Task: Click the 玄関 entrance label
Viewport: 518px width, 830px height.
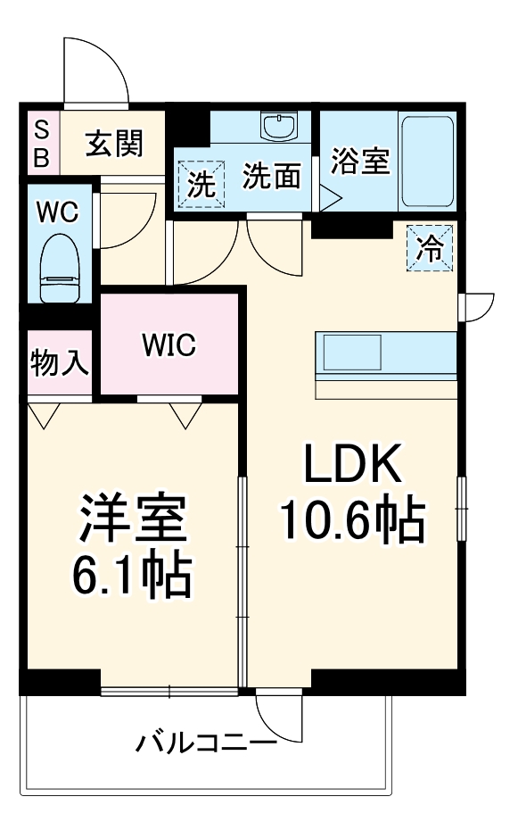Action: [x=114, y=143]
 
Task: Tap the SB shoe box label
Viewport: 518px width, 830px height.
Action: [x=42, y=144]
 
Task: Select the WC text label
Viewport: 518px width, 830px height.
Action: [x=57, y=212]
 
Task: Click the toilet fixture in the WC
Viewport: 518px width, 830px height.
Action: [x=62, y=269]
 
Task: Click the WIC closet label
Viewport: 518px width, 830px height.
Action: [x=169, y=344]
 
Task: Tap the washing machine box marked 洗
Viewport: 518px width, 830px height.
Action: [x=201, y=184]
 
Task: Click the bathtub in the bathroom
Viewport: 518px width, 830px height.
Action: [x=427, y=161]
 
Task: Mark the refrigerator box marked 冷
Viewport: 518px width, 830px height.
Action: [x=431, y=247]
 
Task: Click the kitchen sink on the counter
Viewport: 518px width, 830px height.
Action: [x=351, y=353]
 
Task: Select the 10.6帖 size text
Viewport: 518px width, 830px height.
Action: [x=351, y=521]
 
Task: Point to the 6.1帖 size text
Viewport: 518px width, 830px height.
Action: [x=131, y=576]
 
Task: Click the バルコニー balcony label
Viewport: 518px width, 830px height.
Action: [x=206, y=742]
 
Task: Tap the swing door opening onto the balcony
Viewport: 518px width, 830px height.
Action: [x=277, y=713]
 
